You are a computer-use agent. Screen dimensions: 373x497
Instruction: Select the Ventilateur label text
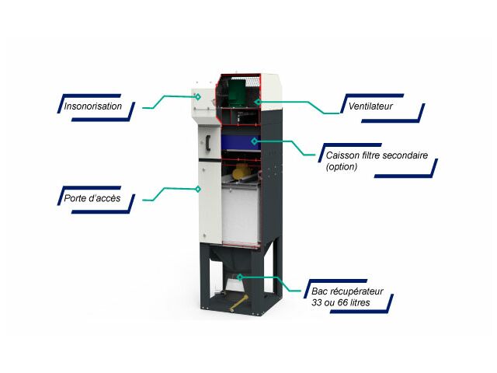pos(371,104)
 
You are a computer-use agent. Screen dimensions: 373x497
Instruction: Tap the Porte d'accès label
pos(92,198)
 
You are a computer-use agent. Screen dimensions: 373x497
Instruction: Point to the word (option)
pos(342,167)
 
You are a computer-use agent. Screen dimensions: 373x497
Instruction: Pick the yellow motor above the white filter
pos(243,169)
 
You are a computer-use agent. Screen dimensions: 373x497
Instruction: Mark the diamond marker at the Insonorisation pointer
pos(198,97)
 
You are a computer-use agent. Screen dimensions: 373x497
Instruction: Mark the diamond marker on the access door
pos(198,188)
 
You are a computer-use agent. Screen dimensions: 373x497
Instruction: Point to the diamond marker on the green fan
pos(255,101)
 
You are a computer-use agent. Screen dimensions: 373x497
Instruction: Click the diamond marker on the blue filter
pos(256,141)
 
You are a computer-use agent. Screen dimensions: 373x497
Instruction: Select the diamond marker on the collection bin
pos(239,277)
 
